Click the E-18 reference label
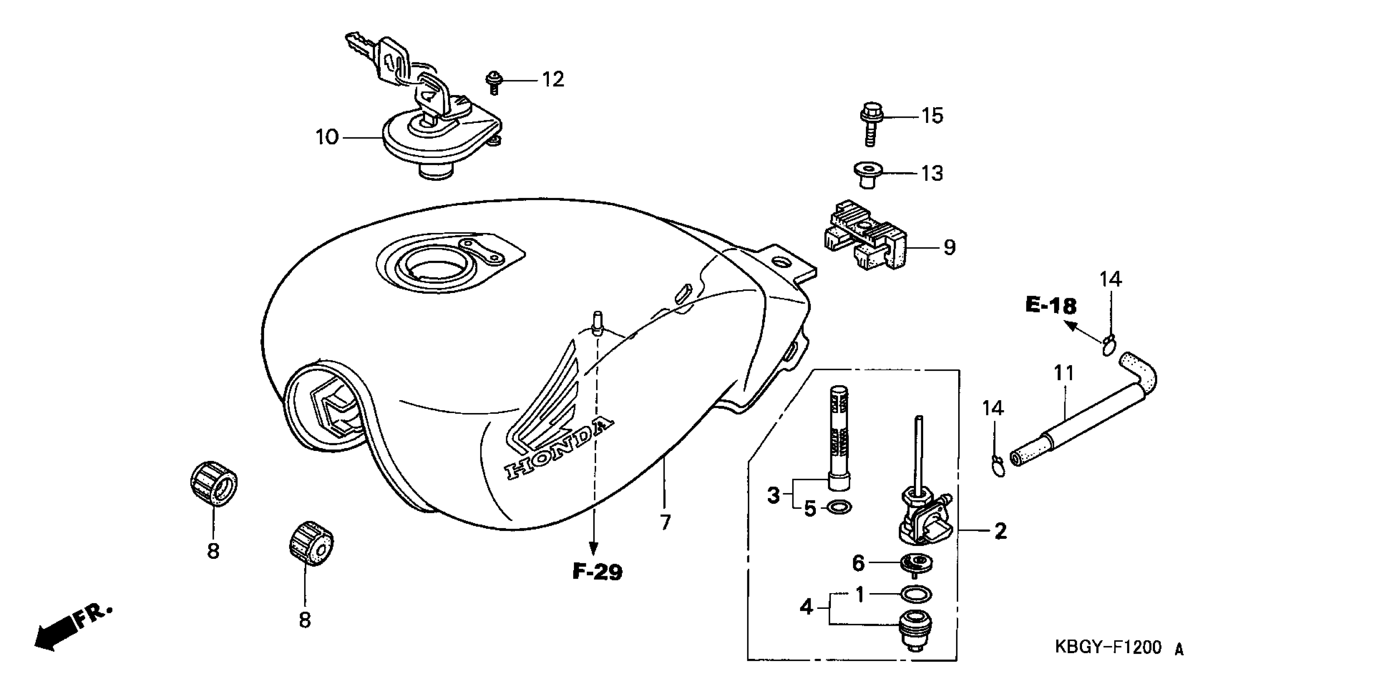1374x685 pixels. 1051,306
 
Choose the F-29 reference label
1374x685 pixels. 597,572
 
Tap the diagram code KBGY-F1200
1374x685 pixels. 1108,647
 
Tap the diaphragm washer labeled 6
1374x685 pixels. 916,563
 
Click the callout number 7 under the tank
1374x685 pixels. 665,522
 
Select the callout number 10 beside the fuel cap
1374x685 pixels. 327,137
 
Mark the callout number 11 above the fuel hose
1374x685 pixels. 1063,373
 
